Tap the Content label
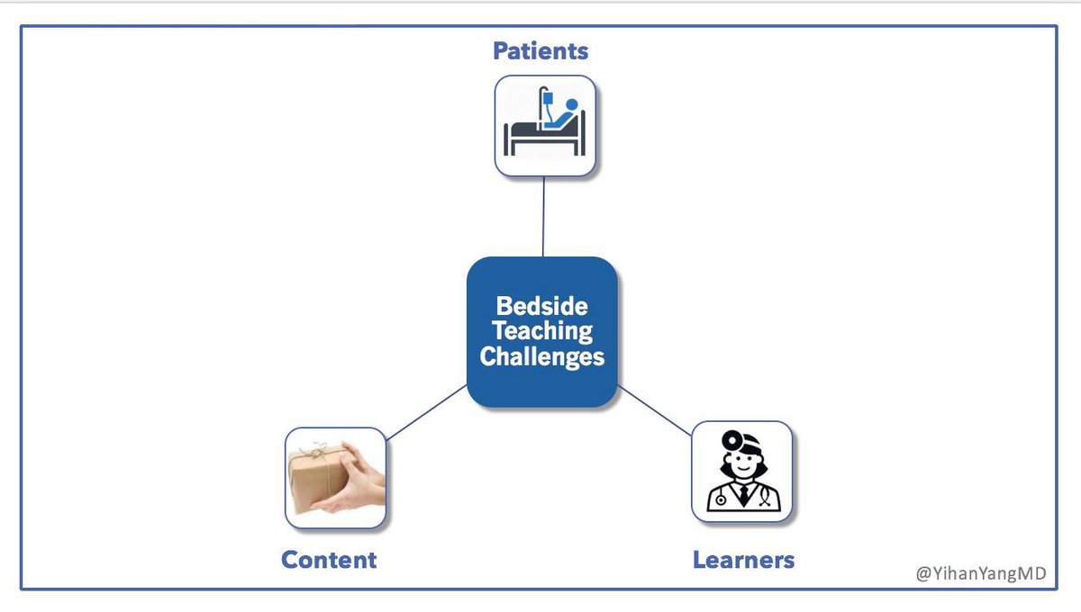point(329,560)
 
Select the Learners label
point(743,560)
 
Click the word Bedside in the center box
point(542,306)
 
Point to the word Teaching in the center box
point(542,330)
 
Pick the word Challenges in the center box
point(542,356)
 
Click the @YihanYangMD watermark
point(981,572)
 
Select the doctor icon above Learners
point(741,472)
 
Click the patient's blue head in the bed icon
point(571,104)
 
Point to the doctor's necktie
point(741,493)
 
